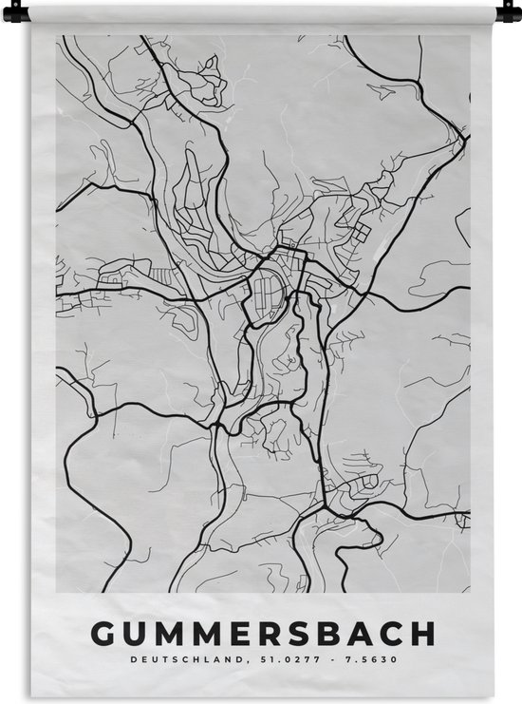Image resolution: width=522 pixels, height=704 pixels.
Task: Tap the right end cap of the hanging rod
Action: click(513, 13)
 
